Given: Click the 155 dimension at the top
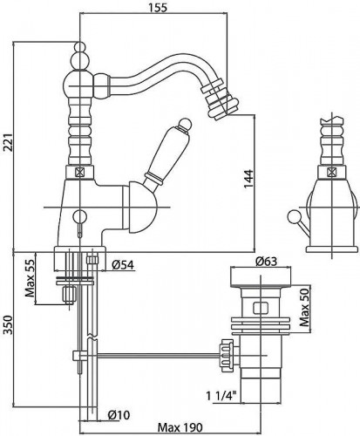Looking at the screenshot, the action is coord(158,8).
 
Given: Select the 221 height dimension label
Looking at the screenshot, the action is coord(8,143).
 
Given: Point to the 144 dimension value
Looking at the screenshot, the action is coord(248,179).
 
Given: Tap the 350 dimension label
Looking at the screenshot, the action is coord(8,324).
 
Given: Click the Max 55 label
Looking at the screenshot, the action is coord(30,278).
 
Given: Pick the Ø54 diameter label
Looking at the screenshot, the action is coord(123,265).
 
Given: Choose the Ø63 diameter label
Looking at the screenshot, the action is coord(266,262).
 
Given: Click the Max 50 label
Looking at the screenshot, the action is coord(305,308).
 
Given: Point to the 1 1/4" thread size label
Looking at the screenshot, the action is coord(221,396).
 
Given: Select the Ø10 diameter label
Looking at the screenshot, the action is coord(119,415).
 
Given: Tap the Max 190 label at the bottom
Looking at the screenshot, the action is coord(180,427).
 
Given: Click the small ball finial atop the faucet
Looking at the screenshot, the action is coord(80,46).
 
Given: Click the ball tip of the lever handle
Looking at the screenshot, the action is coord(184,124).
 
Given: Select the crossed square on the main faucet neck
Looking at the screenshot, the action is coord(79,173).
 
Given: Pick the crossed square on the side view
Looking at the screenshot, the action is coord(331,172).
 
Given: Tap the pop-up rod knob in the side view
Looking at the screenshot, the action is coord(292,216).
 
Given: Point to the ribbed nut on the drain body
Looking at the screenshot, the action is coord(227,355).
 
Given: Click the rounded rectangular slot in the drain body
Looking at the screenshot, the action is coord(261,309).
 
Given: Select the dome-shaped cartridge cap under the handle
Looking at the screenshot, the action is coord(140,208).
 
